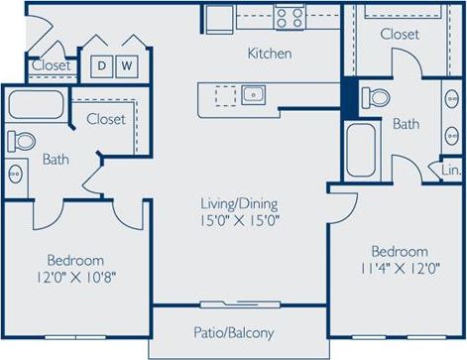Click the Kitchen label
click(269, 54)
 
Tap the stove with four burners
click(290, 16)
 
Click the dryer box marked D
click(100, 65)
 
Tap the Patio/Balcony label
click(233, 333)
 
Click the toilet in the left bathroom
click(21, 141)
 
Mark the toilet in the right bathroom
click(375, 97)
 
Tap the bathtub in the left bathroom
click(37, 106)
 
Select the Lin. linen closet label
click(451, 170)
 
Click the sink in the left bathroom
click(16, 175)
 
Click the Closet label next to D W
click(51, 65)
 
